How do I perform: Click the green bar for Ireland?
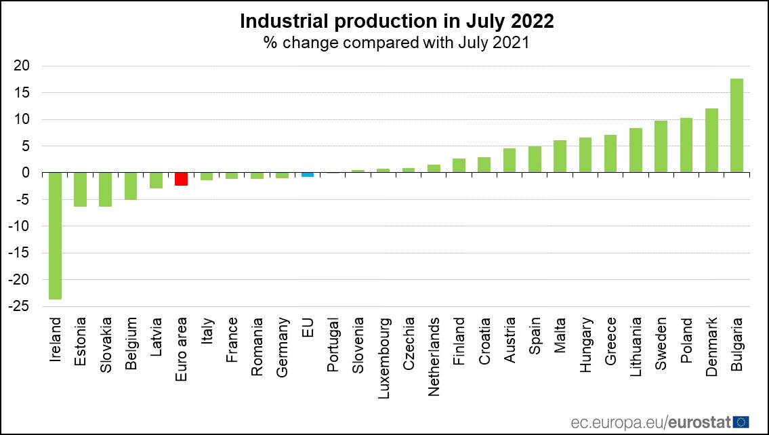click(x=56, y=236)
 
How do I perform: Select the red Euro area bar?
click(x=181, y=179)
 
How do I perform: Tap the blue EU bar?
click(x=308, y=175)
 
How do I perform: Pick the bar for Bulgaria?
click(x=736, y=126)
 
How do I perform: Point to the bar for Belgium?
click(x=131, y=186)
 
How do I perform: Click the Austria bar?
click(x=510, y=161)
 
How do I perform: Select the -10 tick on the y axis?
click(x=19, y=226)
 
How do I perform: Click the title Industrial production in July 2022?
click(x=397, y=22)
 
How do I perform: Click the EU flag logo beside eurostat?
click(x=741, y=422)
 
